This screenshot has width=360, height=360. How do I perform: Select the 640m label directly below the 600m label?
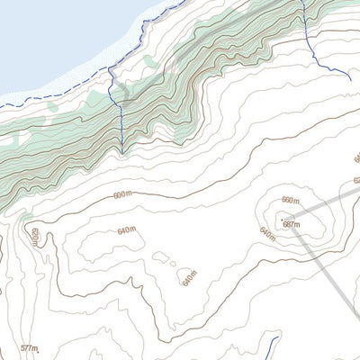click(127, 230)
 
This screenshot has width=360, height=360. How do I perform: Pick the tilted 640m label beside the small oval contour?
click(189, 280)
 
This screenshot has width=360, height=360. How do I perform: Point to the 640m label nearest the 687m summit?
click(267, 232)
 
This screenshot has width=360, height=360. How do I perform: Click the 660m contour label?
click(290, 200)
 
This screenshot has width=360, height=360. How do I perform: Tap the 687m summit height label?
click(292, 224)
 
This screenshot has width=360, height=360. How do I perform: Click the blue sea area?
click(54, 36)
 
